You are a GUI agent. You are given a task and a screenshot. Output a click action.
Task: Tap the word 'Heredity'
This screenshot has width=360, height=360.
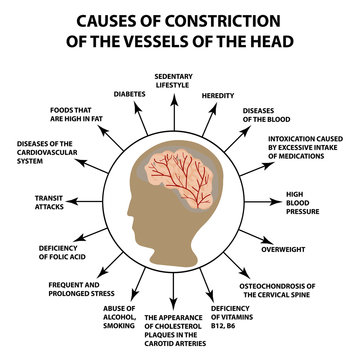click(x=217, y=95)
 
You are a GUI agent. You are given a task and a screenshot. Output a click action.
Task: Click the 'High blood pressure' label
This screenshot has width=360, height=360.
click(x=302, y=203)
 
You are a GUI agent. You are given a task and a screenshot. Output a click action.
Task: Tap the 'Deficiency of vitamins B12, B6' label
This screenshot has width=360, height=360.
click(x=232, y=316)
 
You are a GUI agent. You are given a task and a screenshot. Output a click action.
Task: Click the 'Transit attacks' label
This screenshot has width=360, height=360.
click(x=49, y=204)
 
